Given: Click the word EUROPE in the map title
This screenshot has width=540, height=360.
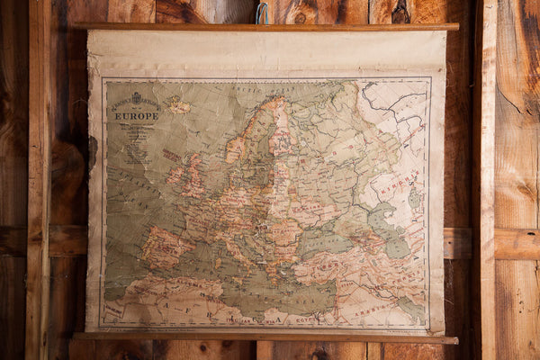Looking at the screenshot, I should (136, 116).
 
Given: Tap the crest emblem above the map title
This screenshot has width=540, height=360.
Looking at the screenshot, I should (137, 97).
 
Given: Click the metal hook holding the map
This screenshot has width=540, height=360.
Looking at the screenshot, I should (263, 13).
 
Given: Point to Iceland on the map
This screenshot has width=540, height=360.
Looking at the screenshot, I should (179, 107).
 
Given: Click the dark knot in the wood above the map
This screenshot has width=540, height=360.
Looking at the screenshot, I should (401, 13).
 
